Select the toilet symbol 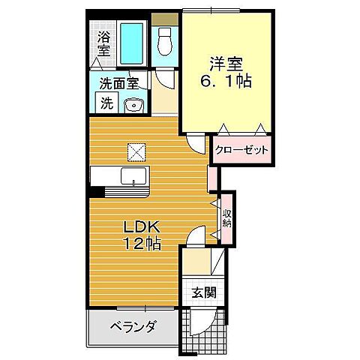coord(166,40)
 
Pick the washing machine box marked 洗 coord(106,103)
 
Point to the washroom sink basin coord(135,104)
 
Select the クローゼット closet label coord(241,150)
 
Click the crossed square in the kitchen coord(136,151)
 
